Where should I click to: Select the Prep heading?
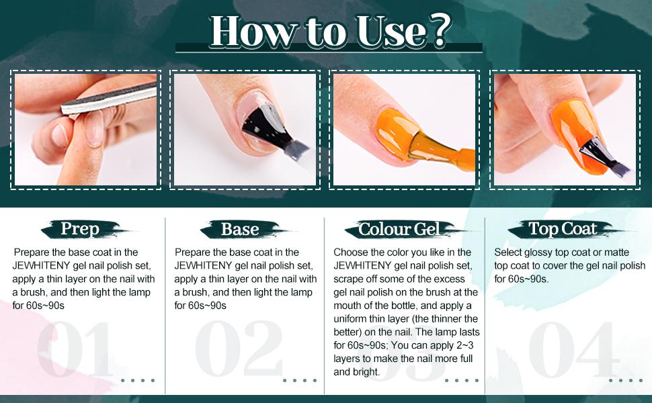click(x=80, y=228)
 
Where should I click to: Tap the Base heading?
click(x=240, y=229)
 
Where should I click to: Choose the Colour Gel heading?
click(x=399, y=229)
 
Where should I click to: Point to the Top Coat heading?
click(x=562, y=228)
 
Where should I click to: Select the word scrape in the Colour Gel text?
click(x=350, y=279)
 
